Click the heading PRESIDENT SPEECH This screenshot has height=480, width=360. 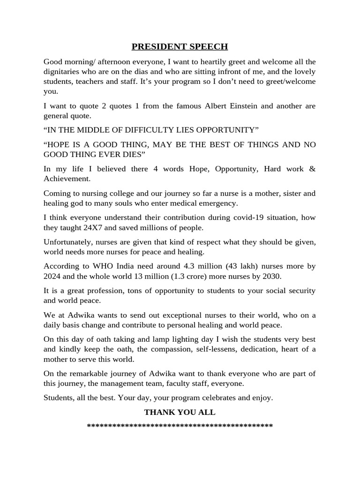click(180, 46)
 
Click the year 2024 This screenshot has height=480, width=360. click(52, 276)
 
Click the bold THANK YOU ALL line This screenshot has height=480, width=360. click(180, 412)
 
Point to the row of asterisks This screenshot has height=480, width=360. click(180, 426)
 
